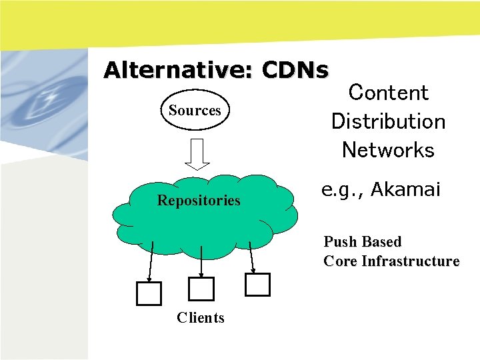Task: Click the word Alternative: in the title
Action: click(x=180, y=70)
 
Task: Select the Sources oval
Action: click(x=195, y=110)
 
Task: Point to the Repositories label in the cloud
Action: click(x=199, y=200)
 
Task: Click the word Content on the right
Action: click(x=389, y=93)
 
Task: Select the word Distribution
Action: click(x=389, y=121)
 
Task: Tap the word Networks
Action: click(x=389, y=150)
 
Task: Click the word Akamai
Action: click(x=405, y=190)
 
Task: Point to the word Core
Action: click(x=340, y=261)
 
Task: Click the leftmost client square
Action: click(x=149, y=293)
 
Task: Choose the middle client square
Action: click(x=201, y=289)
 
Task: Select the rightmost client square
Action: click(x=257, y=284)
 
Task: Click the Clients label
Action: click(x=201, y=317)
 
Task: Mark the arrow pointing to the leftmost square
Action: click(x=151, y=261)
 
